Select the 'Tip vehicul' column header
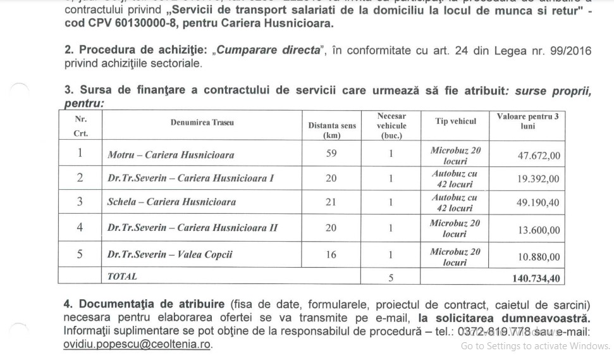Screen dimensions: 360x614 point(455,121)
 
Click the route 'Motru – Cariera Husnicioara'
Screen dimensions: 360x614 point(171,155)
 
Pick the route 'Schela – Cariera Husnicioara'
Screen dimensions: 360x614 point(172,202)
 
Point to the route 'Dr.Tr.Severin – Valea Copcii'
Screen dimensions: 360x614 point(170,254)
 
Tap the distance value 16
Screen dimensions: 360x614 point(331,254)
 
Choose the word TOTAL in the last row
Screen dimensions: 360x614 point(122,276)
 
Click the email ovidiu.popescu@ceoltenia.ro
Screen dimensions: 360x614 point(138,344)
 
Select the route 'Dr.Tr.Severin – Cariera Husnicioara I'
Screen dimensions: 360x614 point(190,178)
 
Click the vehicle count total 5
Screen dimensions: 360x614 point(391,276)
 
